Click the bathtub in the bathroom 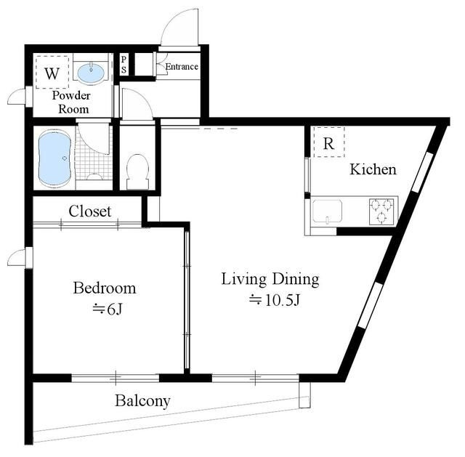tap(55, 159)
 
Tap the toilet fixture tap(137, 171)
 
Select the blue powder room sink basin tap(91, 71)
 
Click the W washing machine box tap(52, 73)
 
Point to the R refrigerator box tap(329, 142)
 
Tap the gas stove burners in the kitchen tap(381, 211)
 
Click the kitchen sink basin tap(328, 211)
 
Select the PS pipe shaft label tap(124, 65)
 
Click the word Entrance tap(182, 66)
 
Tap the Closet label tap(90, 211)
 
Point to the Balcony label tap(142, 401)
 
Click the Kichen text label tap(373, 169)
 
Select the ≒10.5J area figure tap(275, 300)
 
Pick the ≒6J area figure tap(108, 310)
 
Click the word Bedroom tap(105, 288)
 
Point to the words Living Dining tap(270, 280)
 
